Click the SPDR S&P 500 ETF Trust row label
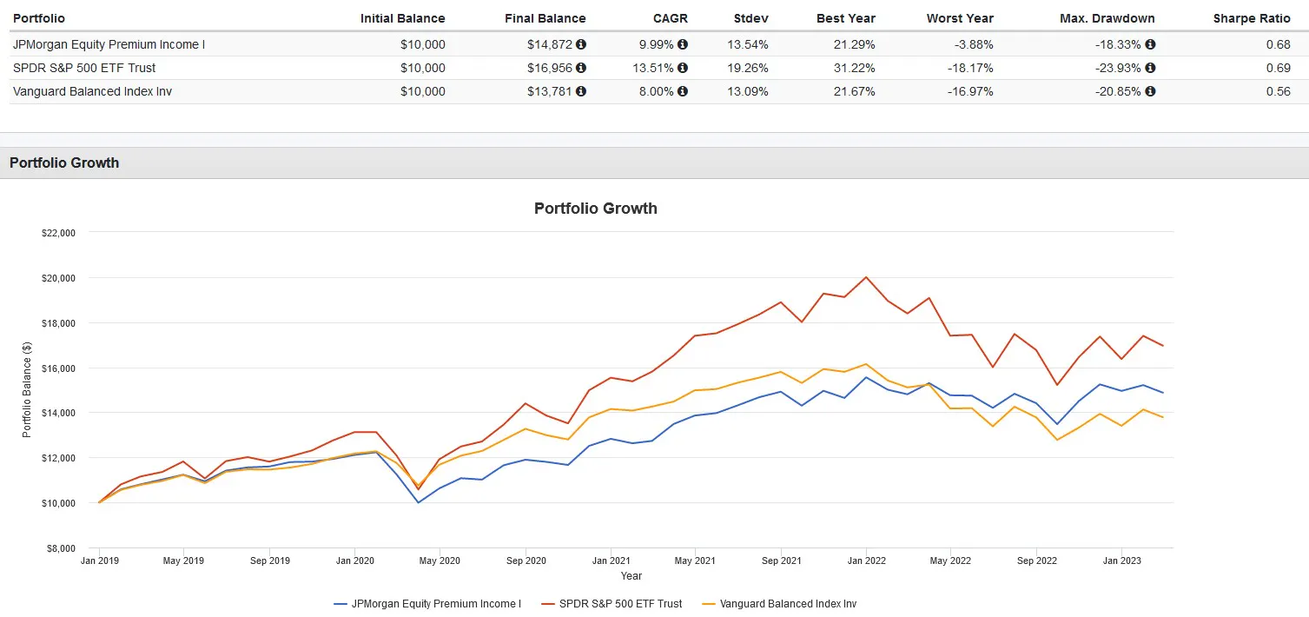pos(84,68)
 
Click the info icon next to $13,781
pos(581,91)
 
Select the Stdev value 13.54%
pos(750,44)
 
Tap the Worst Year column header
pos(960,18)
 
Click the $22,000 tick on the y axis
pos(58,233)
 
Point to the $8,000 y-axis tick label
pos(61,548)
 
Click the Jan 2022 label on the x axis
pos(866,561)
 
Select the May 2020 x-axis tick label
pos(440,561)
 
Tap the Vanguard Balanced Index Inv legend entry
pos(788,603)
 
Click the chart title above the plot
pos(595,209)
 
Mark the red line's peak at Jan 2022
pos(866,277)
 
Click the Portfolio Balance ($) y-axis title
pos(27,390)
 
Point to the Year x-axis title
pos(631,576)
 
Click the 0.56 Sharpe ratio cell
pos(1278,91)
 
